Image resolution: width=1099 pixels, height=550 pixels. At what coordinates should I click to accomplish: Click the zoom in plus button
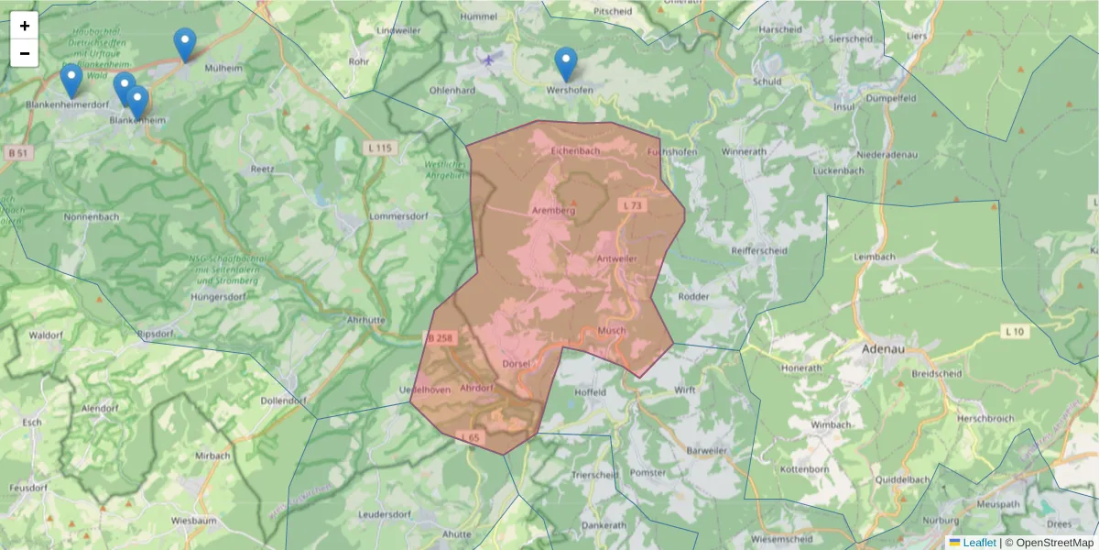[x=25, y=26]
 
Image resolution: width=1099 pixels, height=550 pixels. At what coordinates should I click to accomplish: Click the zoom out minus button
[x=25, y=53]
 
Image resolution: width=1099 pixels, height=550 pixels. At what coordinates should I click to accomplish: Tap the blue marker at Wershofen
[x=566, y=63]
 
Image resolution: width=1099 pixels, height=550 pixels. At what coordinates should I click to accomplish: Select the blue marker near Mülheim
[x=185, y=44]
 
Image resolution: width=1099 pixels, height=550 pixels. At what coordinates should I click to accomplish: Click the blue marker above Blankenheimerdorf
[x=71, y=80]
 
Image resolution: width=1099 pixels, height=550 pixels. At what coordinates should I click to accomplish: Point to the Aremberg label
[x=553, y=211]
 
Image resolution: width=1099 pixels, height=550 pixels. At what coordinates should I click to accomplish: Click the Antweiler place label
[x=616, y=259]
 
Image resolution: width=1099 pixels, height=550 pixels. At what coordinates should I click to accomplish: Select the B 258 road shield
[x=441, y=338]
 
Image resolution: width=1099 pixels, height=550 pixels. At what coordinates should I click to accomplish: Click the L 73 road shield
[x=632, y=205]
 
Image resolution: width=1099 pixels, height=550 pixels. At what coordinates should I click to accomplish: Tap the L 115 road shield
[x=378, y=148]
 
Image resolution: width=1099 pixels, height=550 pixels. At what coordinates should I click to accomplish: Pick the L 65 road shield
[x=470, y=438]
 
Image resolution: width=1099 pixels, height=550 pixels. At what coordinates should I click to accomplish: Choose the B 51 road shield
[x=16, y=151]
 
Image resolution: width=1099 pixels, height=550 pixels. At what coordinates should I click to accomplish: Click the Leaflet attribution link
[x=978, y=543]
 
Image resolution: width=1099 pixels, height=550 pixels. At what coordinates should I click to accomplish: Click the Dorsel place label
[x=517, y=364]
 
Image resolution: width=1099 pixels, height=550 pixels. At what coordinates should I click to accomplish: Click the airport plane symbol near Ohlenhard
[x=488, y=60]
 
